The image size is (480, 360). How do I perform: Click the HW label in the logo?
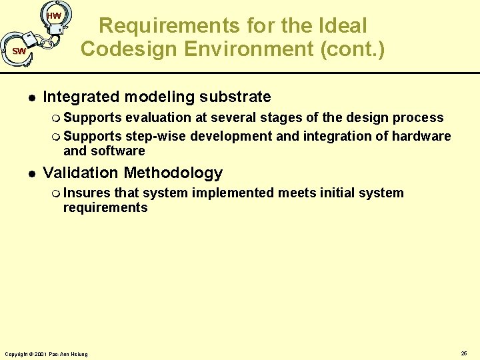coord(55,16)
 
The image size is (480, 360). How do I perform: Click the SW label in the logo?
coord(19,51)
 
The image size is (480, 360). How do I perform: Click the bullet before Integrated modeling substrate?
coord(25,97)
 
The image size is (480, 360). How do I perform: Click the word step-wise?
coord(156,137)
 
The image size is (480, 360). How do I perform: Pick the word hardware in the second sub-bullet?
coord(421,137)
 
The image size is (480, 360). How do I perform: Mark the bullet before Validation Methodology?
coord(25,173)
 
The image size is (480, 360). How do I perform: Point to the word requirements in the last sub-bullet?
coord(105,208)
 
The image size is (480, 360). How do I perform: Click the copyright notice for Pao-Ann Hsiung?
coord(46,353)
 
